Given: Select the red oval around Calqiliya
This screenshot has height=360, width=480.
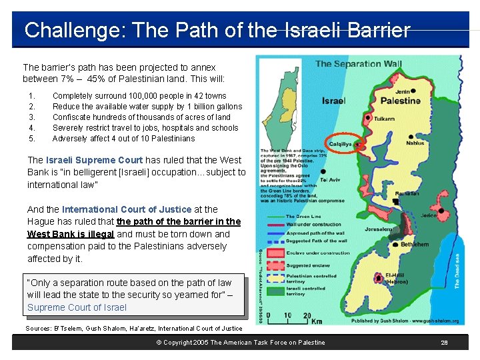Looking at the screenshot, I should pos(345,144).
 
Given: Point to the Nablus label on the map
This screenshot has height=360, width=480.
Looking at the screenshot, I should pos(415,143).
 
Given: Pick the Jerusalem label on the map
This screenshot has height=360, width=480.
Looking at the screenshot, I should pos(378,229).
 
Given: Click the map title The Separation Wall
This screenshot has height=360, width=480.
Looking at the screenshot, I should pos(358,64).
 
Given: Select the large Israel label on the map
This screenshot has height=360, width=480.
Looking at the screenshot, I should pos(333,101).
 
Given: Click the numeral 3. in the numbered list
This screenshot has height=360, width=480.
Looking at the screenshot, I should pos(31,117).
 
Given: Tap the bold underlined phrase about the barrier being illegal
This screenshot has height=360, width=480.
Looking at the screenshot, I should pos(133,228).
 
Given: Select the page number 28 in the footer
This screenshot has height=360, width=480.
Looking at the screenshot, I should pos(444,343).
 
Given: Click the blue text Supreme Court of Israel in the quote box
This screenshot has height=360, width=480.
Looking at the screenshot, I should pos(77,307).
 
